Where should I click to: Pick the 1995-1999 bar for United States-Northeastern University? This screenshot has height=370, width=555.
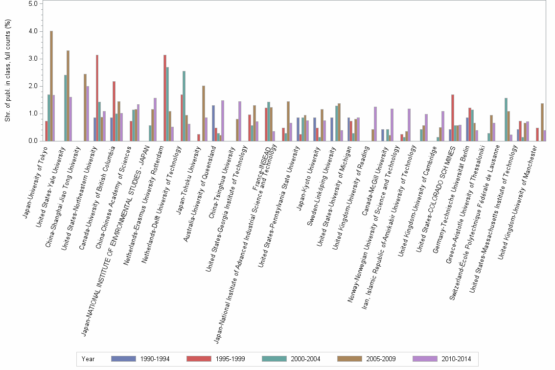(97, 98)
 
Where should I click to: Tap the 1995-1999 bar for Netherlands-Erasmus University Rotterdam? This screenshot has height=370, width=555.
(165, 98)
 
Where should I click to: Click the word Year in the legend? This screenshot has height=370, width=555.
(89, 359)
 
